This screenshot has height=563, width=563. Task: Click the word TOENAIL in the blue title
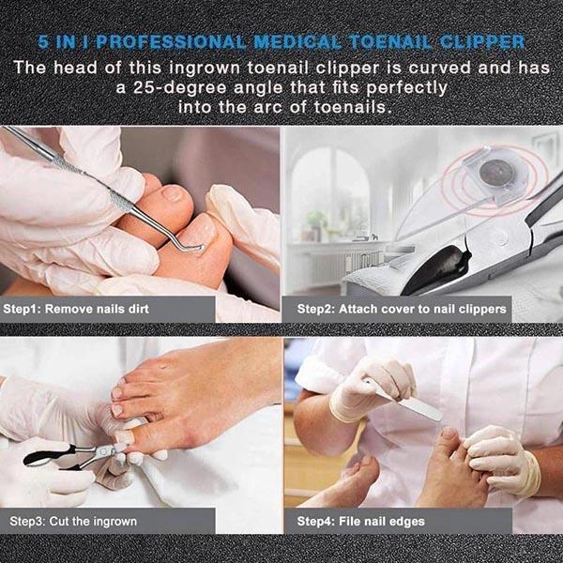390,42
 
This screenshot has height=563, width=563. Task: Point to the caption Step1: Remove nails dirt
76,309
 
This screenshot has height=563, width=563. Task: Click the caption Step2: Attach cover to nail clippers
402,309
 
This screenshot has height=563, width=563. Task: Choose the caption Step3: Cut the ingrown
73,521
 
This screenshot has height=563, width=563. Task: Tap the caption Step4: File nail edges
361,521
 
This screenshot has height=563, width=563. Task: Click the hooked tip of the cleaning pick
197,248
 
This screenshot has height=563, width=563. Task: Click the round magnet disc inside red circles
495,173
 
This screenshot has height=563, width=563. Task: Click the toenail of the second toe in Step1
173,193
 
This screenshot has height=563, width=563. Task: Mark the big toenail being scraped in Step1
202,235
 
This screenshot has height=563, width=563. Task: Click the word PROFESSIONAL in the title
171,42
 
